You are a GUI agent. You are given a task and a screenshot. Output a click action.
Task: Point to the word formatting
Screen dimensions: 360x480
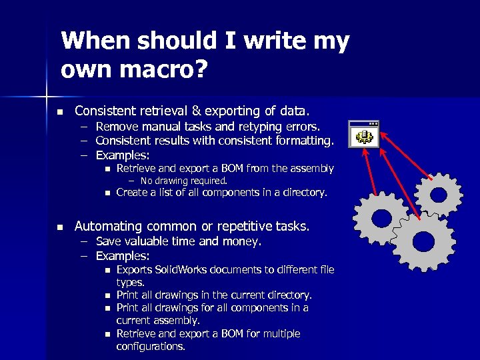[301, 141]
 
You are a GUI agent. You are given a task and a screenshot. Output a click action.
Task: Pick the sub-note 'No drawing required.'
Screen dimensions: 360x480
[184, 181]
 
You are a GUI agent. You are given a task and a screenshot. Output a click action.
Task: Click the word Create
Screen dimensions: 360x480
[132, 193]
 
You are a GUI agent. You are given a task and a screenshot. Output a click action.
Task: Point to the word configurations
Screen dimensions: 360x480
[151, 347]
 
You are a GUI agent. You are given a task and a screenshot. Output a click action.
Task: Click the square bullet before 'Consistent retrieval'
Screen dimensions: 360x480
[59, 111]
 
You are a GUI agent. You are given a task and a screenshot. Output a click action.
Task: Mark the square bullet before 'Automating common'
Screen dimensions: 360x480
[59, 227]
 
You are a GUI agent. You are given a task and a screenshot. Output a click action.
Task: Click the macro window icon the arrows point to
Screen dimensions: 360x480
[364, 134]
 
